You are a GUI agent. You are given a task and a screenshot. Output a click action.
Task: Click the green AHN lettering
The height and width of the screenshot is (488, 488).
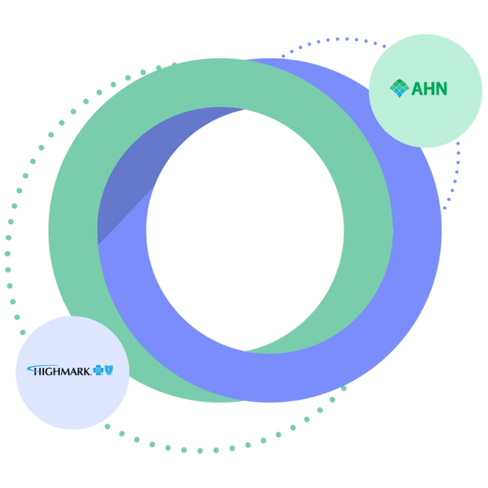tap(430, 88)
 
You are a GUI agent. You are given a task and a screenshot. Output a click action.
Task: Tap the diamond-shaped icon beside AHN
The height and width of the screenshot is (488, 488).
tap(399, 88)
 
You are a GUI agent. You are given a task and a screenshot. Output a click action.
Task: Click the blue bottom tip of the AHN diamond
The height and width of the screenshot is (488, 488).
tap(399, 95)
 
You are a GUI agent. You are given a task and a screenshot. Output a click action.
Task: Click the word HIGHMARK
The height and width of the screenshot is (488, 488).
tap(61, 370)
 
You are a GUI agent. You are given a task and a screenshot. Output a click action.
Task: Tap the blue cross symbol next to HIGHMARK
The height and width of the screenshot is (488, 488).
tap(98, 369)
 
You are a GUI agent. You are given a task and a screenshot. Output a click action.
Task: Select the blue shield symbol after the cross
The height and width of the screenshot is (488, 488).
tap(109, 369)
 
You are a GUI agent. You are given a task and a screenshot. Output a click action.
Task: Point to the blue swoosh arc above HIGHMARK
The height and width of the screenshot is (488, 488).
tap(38, 366)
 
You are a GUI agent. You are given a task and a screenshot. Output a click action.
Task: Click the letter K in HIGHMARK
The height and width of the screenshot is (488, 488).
tap(87, 370)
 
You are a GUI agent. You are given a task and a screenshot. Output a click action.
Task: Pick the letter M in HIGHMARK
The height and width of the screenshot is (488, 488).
tap(67, 370)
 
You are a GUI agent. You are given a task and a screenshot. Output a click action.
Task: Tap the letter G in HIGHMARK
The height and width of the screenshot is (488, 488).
tap(51, 370)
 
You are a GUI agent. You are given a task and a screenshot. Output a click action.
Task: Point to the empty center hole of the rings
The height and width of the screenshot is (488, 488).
tap(245, 229)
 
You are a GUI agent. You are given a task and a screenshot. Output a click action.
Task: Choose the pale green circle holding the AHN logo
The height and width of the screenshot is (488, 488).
tap(426, 121)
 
